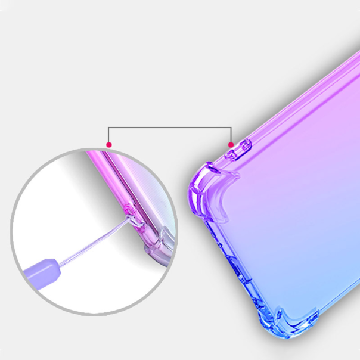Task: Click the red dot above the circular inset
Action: pos(108,144)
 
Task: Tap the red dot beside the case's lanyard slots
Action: pos(231,144)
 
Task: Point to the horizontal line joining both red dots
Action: pos(170,128)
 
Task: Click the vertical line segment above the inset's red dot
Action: pos(108,135)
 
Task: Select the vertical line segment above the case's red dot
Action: pos(231,135)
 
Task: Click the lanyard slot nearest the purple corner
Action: pos(229,154)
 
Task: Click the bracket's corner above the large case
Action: pos(231,128)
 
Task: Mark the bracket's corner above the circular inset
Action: pos(108,128)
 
